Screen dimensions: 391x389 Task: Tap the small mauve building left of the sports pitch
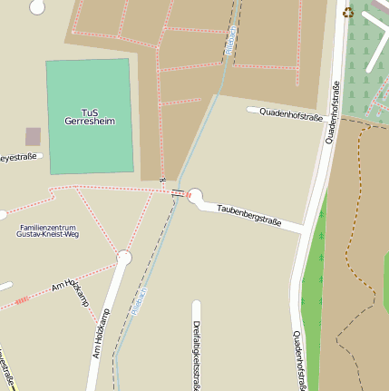(x=33, y=137)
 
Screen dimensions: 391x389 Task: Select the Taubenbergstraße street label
(x=248, y=215)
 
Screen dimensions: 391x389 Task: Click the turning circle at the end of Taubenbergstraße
(x=195, y=195)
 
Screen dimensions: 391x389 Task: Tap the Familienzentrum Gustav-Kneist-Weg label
(x=48, y=230)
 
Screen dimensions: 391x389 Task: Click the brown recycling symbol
(x=348, y=12)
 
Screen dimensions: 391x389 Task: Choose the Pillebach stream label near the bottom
(x=138, y=300)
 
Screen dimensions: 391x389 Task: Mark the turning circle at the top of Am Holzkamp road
(x=124, y=259)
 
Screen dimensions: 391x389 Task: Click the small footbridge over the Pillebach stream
(x=179, y=192)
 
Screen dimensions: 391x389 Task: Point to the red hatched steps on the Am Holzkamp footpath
(x=21, y=299)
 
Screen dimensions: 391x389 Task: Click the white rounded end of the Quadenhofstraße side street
(x=251, y=110)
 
